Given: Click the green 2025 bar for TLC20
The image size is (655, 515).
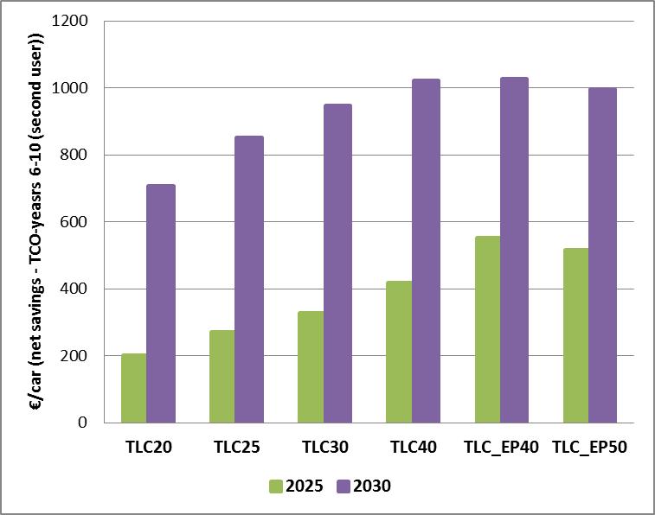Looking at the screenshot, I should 133,388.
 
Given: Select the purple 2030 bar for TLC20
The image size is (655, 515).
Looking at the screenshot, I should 161,303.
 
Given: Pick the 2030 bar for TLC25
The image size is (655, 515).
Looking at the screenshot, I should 249,279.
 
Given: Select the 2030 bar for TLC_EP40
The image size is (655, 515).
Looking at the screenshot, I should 514,250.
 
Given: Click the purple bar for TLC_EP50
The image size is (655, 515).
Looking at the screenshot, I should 602,255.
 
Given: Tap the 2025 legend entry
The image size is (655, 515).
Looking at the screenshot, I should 297,486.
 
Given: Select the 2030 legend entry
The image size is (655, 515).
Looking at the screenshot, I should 363,486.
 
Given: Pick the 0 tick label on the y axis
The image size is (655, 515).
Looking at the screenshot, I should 83,423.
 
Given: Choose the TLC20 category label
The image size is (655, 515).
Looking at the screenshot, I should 147,448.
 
